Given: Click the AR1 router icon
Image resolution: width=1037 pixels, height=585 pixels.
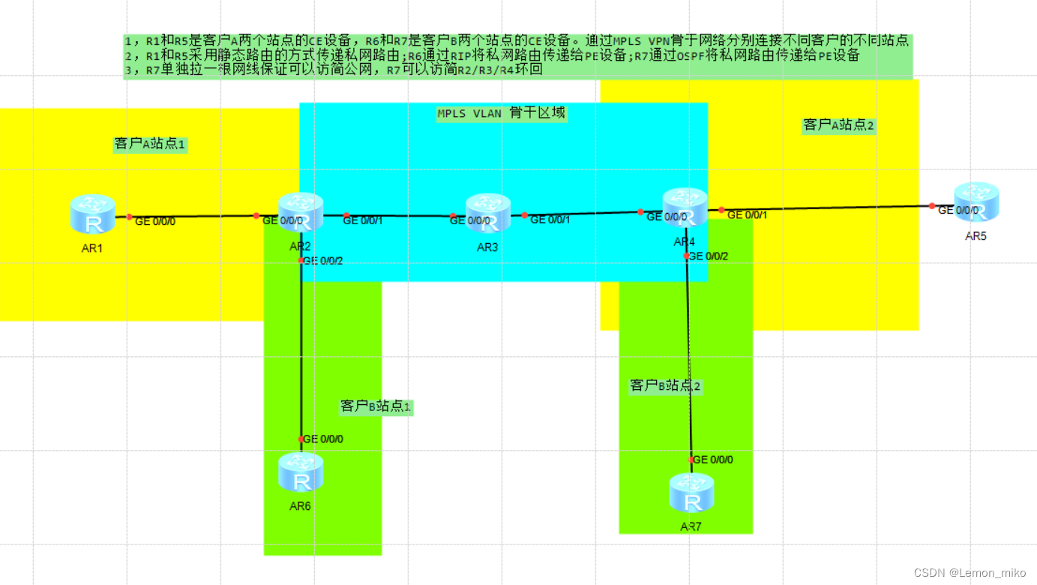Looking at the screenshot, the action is coord(92,213).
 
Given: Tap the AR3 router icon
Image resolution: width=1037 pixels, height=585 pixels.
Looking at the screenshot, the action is coord(487,213).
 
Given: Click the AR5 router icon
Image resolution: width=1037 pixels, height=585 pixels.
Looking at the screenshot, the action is coord(976,202).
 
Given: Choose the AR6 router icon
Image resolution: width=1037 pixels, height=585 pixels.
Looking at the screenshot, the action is coord(301,472).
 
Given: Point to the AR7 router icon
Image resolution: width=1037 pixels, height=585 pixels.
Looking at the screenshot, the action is coord(691,493).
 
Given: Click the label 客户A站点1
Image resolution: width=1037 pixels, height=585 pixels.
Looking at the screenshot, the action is coord(150,144).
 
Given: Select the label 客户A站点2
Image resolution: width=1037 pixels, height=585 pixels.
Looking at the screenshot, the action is coord(838,125).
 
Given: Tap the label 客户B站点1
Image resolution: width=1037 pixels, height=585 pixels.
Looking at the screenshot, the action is coord(376,406).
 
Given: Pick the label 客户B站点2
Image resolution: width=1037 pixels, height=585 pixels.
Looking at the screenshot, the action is coord(665,386).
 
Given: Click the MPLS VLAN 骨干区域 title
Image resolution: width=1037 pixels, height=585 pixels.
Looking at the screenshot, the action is coord(502,113).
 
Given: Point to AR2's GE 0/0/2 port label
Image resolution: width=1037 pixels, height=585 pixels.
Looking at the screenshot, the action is coord(323,260).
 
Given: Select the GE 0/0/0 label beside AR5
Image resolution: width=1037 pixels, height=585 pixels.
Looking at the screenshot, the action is coord(959,210).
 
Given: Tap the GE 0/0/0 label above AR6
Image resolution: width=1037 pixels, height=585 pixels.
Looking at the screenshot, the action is coord(323,439).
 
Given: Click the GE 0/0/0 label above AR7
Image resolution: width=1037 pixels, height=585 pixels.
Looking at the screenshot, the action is coord(713,460).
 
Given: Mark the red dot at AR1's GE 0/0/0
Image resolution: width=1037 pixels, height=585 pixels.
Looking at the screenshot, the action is coord(129,217).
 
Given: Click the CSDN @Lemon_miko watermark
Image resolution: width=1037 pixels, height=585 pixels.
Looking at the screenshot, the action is coord(970,572).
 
